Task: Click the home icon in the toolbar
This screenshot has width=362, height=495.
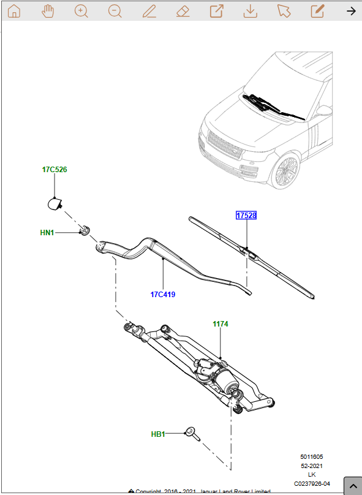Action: [x=14, y=11]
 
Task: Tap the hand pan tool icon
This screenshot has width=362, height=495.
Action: [x=48, y=11]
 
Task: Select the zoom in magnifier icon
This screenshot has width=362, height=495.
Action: [x=81, y=11]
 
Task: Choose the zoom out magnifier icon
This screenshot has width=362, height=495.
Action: [x=115, y=11]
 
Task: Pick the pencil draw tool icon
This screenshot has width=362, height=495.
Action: [x=148, y=11]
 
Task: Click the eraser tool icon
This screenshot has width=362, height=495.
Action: [x=182, y=11]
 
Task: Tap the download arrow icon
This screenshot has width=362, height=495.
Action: [x=249, y=11]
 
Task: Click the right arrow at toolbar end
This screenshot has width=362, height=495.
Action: [x=351, y=11]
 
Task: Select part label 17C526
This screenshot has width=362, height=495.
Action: [x=55, y=170]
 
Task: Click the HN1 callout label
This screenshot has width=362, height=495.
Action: [x=47, y=233]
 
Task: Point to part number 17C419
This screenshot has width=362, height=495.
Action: [x=163, y=295]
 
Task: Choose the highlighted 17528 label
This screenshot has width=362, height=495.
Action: [x=246, y=216]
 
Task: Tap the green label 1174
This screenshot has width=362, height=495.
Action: [x=221, y=323]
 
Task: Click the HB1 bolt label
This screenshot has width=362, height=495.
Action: [x=158, y=434]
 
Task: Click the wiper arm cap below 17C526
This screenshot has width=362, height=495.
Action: [x=56, y=204]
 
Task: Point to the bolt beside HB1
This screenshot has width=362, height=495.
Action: [x=194, y=434]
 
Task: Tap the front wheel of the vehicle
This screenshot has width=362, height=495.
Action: [x=285, y=172]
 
